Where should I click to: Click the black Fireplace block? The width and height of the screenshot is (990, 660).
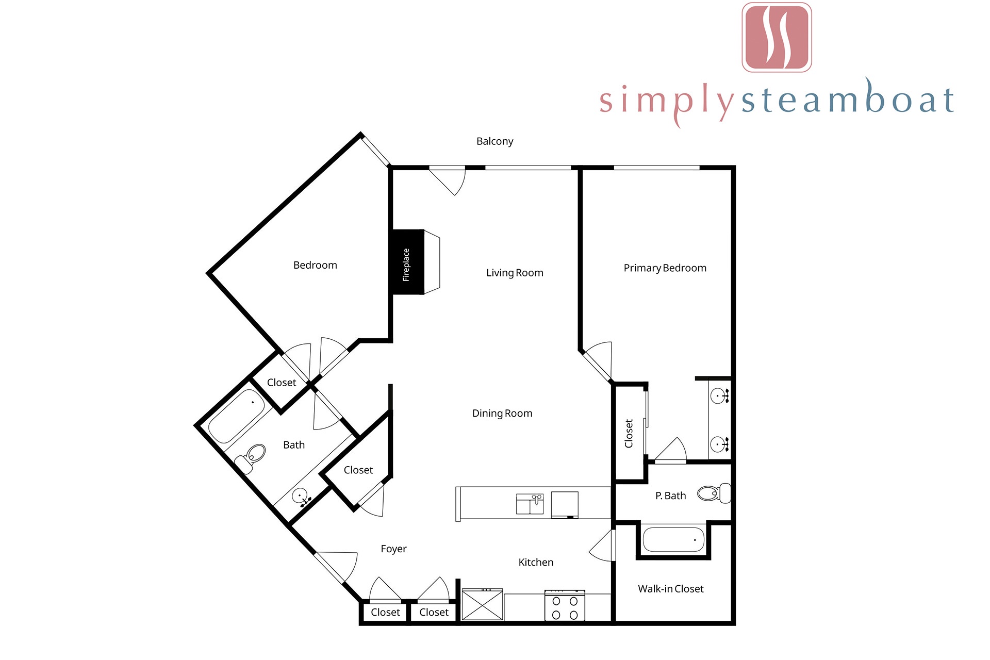(408, 262)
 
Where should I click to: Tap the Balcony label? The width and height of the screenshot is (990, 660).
(494, 141)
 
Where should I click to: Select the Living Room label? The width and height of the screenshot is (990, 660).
(515, 273)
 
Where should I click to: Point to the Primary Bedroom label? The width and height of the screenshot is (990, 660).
(665, 268)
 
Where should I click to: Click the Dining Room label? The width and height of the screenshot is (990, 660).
(502, 414)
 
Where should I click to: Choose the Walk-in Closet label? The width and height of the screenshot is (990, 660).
(670, 589)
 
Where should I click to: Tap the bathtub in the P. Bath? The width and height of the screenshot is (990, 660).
(673, 539)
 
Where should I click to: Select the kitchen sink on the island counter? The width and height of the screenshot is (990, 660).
(530, 504)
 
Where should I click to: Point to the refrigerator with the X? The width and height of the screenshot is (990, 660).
(482, 604)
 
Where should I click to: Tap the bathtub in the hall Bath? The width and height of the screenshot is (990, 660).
(237, 416)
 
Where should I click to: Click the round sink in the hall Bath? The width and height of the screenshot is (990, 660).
(300, 497)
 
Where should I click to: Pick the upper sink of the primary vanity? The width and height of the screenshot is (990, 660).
(718, 396)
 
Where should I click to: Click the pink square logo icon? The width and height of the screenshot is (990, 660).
(777, 38)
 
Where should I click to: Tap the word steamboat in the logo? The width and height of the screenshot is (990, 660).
(847, 98)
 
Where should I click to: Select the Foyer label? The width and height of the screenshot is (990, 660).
(393, 549)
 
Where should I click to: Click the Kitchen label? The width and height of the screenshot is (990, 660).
(536, 563)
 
